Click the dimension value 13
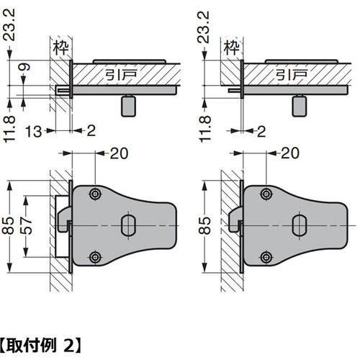(x=33, y=131)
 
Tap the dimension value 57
(x=26, y=226)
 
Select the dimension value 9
(x=24, y=67)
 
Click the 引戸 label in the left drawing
(x=121, y=75)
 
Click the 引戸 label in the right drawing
(x=292, y=75)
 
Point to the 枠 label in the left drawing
(x=61, y=48)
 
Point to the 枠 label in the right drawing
(x=232, y=48)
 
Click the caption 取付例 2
(x=40, y=346)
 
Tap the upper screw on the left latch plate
(x=95, y=194)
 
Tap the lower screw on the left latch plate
(x=95, y=257)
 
